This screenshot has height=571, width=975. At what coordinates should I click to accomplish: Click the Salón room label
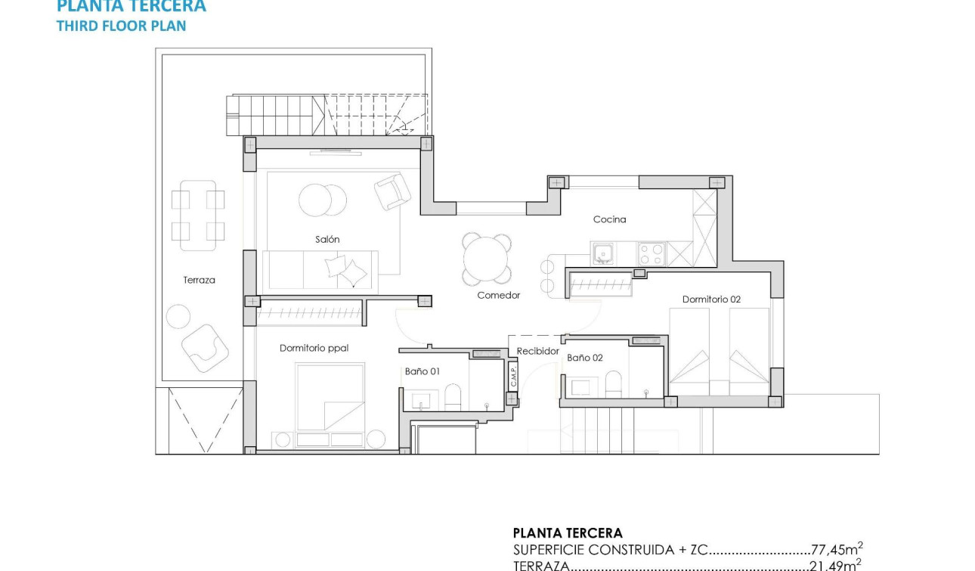coord(327,239)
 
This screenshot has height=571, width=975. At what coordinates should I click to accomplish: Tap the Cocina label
coord(609,219)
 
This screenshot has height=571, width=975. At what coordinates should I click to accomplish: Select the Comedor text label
coord(499,295)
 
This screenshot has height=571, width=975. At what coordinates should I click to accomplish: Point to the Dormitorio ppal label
coord(314,348)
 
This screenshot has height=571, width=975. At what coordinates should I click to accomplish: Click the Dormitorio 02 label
coord(711,299)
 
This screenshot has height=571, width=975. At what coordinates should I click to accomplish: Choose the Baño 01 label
coord(422,371)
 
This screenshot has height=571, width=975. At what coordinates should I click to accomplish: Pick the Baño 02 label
coord(585,358)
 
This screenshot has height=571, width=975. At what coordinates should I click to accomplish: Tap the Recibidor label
coord(538,352)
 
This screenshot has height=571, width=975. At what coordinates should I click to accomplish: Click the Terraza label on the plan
coord(199,280)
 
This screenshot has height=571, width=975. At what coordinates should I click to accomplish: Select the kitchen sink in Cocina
coord(602,253)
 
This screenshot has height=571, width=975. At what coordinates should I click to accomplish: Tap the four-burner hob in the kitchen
coord(652,253)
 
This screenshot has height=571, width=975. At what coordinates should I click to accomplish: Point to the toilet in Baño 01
coord(453,397)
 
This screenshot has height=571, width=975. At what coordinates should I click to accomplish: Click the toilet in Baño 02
coord(613,383)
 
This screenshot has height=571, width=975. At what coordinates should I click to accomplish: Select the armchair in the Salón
coord(392,192)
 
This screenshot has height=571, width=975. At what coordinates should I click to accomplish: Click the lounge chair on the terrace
coord(204,348)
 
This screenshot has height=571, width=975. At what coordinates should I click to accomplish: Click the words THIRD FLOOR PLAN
coord(122,26)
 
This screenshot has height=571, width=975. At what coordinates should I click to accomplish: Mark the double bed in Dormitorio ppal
coord(330,396)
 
